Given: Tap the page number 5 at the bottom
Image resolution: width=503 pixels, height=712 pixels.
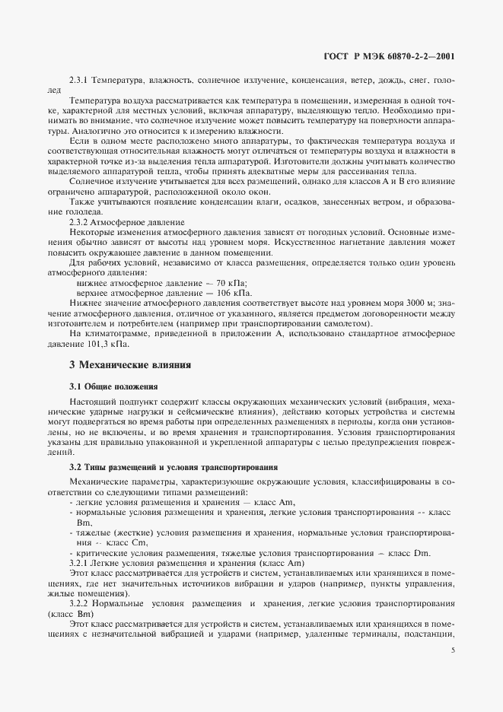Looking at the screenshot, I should coord(453,650).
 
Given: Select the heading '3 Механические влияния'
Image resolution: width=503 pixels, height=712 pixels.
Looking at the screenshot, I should coord(130,364).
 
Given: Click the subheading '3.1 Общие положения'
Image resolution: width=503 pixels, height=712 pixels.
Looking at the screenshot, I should coord(113,387).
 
